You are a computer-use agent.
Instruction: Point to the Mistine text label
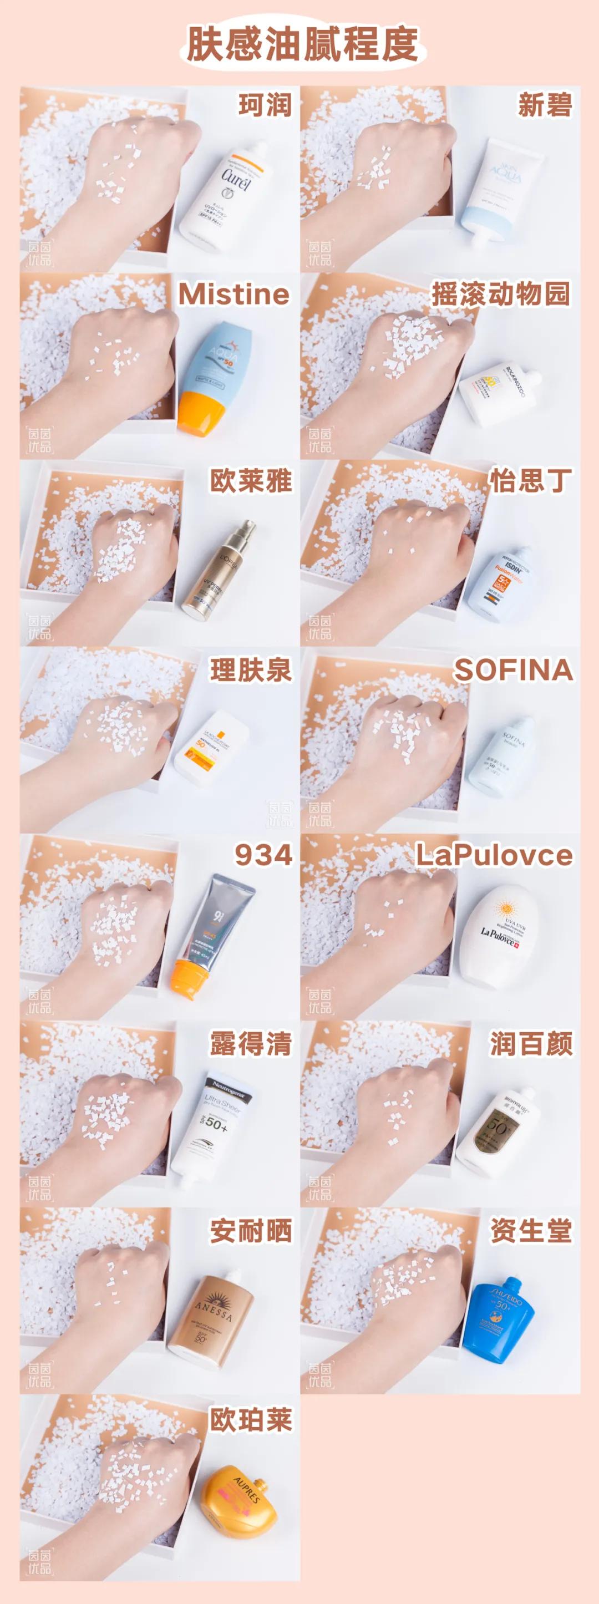(233, 295)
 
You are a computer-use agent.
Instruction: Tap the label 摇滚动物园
(501, 294)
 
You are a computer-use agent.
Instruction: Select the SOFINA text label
(513, 669)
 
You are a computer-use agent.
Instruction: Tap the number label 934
(263, 856)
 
